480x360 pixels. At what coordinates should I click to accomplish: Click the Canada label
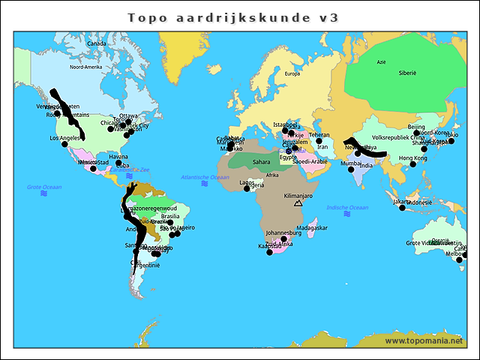(x=97, y=43)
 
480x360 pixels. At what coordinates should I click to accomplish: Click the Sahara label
(x=261, y=161)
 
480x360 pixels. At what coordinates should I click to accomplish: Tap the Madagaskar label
(x=312, y=228)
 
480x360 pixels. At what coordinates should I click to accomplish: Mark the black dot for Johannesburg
(x=283, y=240)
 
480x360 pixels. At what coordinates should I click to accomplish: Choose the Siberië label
(x=407, y=73)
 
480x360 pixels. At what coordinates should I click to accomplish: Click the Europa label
(x=292, y=73)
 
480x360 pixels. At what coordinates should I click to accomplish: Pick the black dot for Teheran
(x=319, y=141)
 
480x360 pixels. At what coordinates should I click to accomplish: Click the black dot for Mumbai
(x=349, y=169)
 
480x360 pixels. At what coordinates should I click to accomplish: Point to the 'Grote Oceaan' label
(x=44, y=187)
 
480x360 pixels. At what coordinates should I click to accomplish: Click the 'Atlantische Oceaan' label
(x=205, y=177)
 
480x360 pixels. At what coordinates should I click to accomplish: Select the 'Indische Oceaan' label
(x=347, y=208)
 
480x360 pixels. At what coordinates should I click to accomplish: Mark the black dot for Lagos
(x=247, y=188)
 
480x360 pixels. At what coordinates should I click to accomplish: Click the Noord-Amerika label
(x=85, y=67)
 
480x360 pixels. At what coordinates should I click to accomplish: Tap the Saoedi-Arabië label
(x=310, y=161)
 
